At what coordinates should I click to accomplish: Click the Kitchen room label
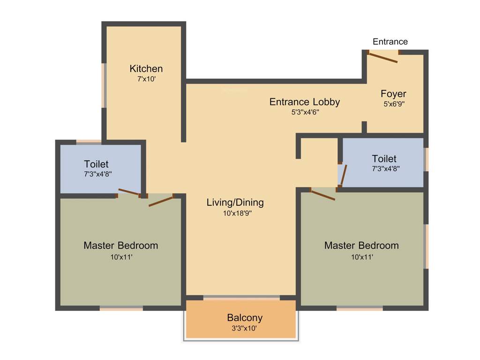click(146, 69)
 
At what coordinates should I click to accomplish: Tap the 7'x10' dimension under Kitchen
click(146, 80)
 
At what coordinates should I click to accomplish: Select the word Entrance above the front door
click(390, 42)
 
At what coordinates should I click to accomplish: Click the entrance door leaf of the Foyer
click(383, 57)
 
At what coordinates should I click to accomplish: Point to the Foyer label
click(393, 94)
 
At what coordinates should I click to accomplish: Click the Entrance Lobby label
click(304, 102)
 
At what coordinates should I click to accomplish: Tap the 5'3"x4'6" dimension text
click(305, 112)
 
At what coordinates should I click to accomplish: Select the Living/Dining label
click(235, 202)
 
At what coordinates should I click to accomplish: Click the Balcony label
click(245, 318)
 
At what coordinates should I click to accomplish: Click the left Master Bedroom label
click(120, 245)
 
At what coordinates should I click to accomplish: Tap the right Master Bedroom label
click(361, 245)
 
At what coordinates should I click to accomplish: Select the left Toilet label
click(96, 164)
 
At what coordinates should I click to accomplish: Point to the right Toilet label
click(384, 158)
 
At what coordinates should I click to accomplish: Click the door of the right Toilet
click(344, 174)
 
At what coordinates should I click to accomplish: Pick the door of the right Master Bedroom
click(323, 194)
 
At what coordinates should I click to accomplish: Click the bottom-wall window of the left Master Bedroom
click(121, 308)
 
